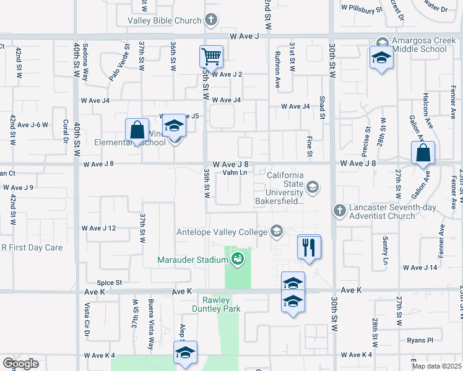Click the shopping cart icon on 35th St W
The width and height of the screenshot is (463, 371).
point(211,57)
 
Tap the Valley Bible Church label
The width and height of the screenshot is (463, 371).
point(164,20)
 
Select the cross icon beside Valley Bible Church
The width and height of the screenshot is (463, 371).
point(211,20)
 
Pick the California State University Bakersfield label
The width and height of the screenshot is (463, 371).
point(285,188)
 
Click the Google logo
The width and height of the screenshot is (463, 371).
point(20,364)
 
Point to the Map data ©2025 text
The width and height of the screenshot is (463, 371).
point(437,365)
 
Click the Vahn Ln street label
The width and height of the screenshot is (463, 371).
point(235,173)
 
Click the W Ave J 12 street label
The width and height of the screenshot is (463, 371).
point(98,228)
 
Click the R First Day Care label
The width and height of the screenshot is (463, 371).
point(32,248)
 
